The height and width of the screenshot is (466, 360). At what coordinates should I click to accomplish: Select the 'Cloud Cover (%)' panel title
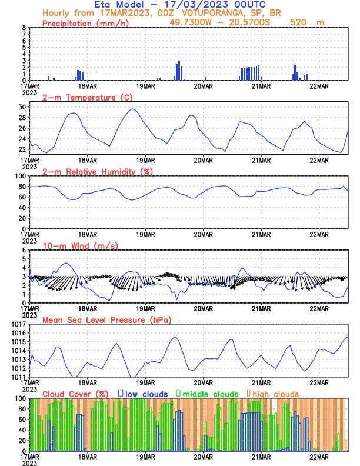[76, 394]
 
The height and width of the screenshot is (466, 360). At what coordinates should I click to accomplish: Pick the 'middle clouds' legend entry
[209, 394]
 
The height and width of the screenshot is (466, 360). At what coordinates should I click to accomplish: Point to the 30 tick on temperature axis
[22, 107]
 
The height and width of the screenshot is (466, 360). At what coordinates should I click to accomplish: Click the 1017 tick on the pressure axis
[19, 324]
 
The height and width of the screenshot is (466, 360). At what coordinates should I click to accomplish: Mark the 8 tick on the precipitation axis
[24, 28]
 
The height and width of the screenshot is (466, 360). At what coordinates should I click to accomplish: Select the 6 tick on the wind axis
[24, 250]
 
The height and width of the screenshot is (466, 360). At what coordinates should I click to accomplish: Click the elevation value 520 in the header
[300, 22]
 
